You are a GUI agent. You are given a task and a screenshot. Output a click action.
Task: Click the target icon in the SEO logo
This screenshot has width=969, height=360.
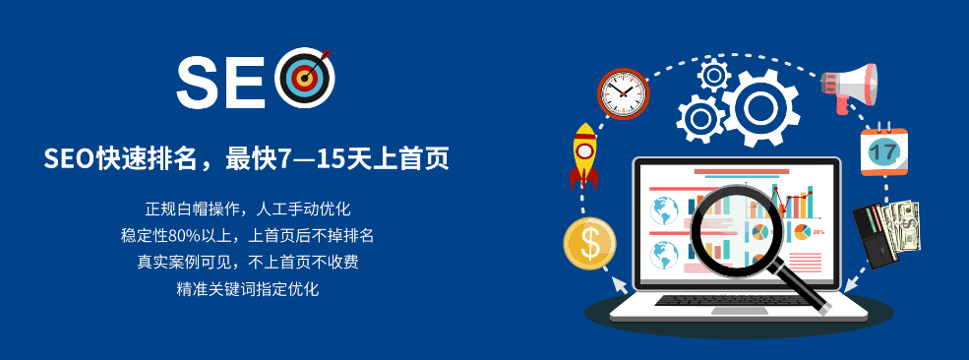tap(306, 79)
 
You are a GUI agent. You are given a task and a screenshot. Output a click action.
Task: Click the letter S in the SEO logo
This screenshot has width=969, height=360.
tap(201, 83)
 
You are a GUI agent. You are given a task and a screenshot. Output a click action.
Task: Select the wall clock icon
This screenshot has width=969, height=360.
tap(624, 94)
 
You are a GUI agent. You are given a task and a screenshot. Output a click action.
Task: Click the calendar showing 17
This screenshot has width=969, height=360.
tap(882, 151)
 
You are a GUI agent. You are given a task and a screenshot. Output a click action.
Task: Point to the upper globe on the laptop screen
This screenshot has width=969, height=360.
tap(665, 210)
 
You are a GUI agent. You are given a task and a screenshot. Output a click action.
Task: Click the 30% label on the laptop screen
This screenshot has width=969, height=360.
tap(818, 232)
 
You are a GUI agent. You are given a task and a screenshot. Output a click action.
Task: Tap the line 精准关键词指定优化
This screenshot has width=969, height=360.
tap(248, 289)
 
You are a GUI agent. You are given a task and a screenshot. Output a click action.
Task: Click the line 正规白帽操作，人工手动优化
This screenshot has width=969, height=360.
tap(248, 210)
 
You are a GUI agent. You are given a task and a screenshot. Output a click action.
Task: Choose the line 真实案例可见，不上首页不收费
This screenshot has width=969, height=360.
tap(248, 263)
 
